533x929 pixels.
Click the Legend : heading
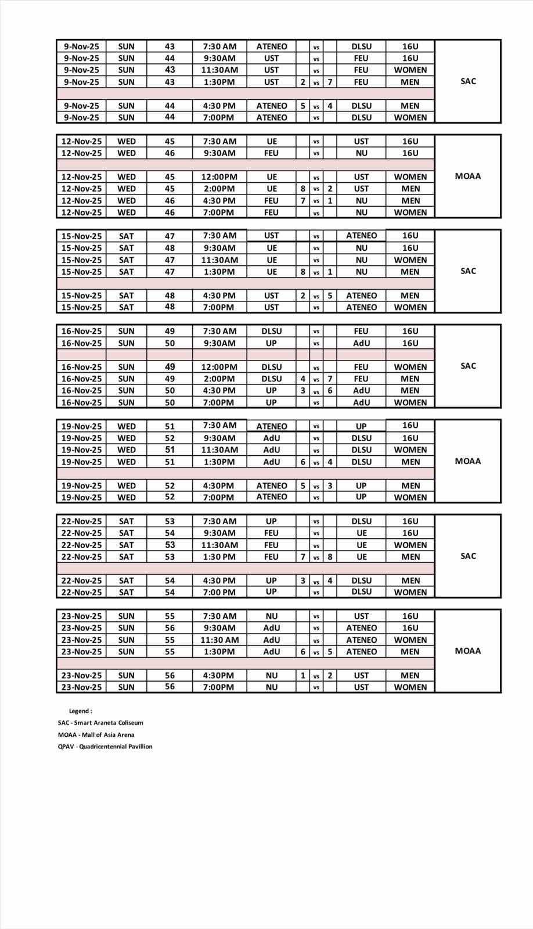pos(80,711)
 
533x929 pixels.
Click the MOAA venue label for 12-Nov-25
pos(467,176)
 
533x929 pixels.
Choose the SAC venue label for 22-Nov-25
pos(467,556)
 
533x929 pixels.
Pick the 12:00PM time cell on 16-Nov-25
pos(219,367)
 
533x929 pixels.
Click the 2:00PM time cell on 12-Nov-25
pos(219,189)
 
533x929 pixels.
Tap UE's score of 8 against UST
pos(302,189)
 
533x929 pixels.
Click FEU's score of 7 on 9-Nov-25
pos(330,82)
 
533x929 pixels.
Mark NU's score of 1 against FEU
pos(330,200)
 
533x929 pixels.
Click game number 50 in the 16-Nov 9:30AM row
pos(170,343)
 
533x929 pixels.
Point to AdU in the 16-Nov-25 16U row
pos(361,343)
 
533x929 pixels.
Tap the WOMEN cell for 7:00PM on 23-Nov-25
pos(410,687)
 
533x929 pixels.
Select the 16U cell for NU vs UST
pos(410,616)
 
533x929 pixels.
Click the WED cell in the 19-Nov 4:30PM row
pos(126,485)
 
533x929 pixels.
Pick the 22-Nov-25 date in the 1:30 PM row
pos(81,557)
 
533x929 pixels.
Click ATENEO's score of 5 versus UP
pos(302,485)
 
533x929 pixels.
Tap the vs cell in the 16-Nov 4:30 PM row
pos(316,391)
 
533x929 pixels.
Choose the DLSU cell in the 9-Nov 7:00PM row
pos(361,117)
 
